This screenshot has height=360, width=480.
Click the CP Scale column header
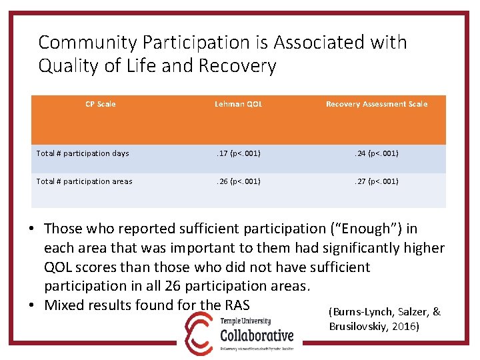coord(101,104)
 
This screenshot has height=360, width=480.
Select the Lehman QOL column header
coord(239,104)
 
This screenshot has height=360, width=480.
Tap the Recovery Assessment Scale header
coord(377,104)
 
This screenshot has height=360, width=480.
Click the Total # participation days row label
coord(83,153)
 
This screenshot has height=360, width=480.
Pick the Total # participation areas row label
coord(84,181)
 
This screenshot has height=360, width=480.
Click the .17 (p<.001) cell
coord(239,153)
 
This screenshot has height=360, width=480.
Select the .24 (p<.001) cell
coord(377,153)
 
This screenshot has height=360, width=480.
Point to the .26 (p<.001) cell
coord(239,181)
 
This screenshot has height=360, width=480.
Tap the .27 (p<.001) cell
coord(377,181)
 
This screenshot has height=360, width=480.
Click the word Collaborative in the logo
coord(257,335)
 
